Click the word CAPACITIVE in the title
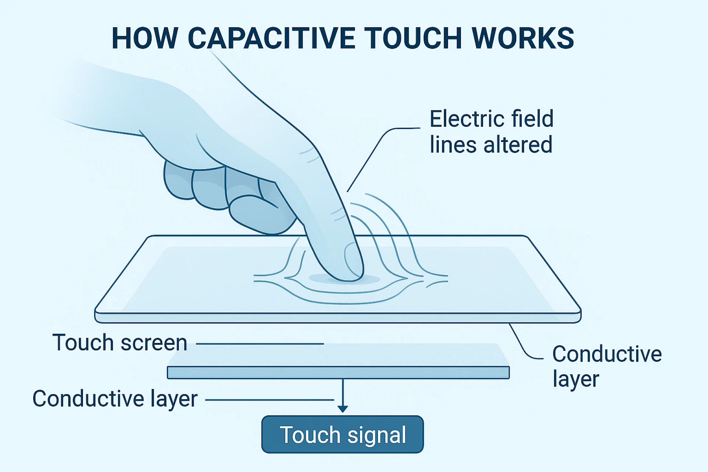[271, 38]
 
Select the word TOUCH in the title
[413, 38]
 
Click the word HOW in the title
[145, 38]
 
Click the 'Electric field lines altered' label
[491, 131]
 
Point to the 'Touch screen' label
[120, 343]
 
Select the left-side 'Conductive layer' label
[115, 399]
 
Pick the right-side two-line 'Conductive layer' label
[607, 366]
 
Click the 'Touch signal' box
[343, 434]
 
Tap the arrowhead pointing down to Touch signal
[343, 409]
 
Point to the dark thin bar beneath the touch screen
[338, 372]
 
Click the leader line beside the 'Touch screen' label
[260, 344]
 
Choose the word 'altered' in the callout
[518, 145]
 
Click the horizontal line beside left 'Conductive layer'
[269, 400]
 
